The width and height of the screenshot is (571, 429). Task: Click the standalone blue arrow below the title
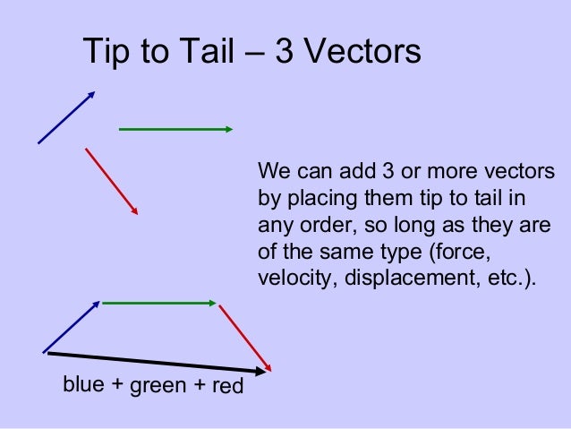pyautogui.click(x=65, y=117)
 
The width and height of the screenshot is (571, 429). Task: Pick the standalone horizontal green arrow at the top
pyautogui.click(x=175, y=129)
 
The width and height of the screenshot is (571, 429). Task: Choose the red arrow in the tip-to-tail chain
pyautogui.click(x=244, y=339)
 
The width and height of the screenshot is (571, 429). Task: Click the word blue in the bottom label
pyautogui.click(x=81, y=385)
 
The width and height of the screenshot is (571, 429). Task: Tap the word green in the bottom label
pyautogui.click(x=156, y=388)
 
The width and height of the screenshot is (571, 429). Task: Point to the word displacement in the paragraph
pyautogui.click(x=397, y=277)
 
